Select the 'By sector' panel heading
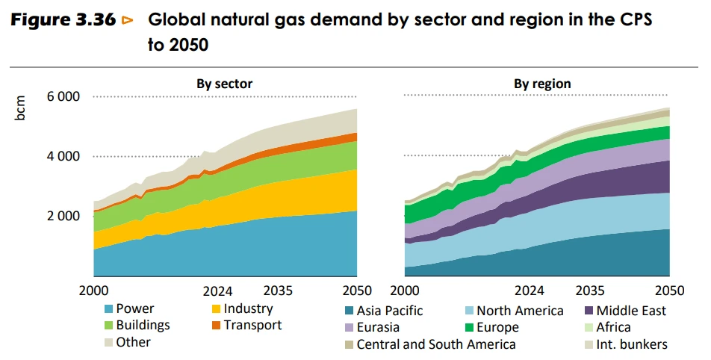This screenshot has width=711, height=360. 224,84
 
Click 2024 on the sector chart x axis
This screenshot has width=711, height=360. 218,291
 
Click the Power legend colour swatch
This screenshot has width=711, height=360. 109,309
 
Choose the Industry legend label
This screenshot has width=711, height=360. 248,308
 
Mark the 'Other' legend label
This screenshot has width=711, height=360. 134,342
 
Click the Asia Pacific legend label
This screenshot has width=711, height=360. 390,311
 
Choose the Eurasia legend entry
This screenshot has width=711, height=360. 371,327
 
